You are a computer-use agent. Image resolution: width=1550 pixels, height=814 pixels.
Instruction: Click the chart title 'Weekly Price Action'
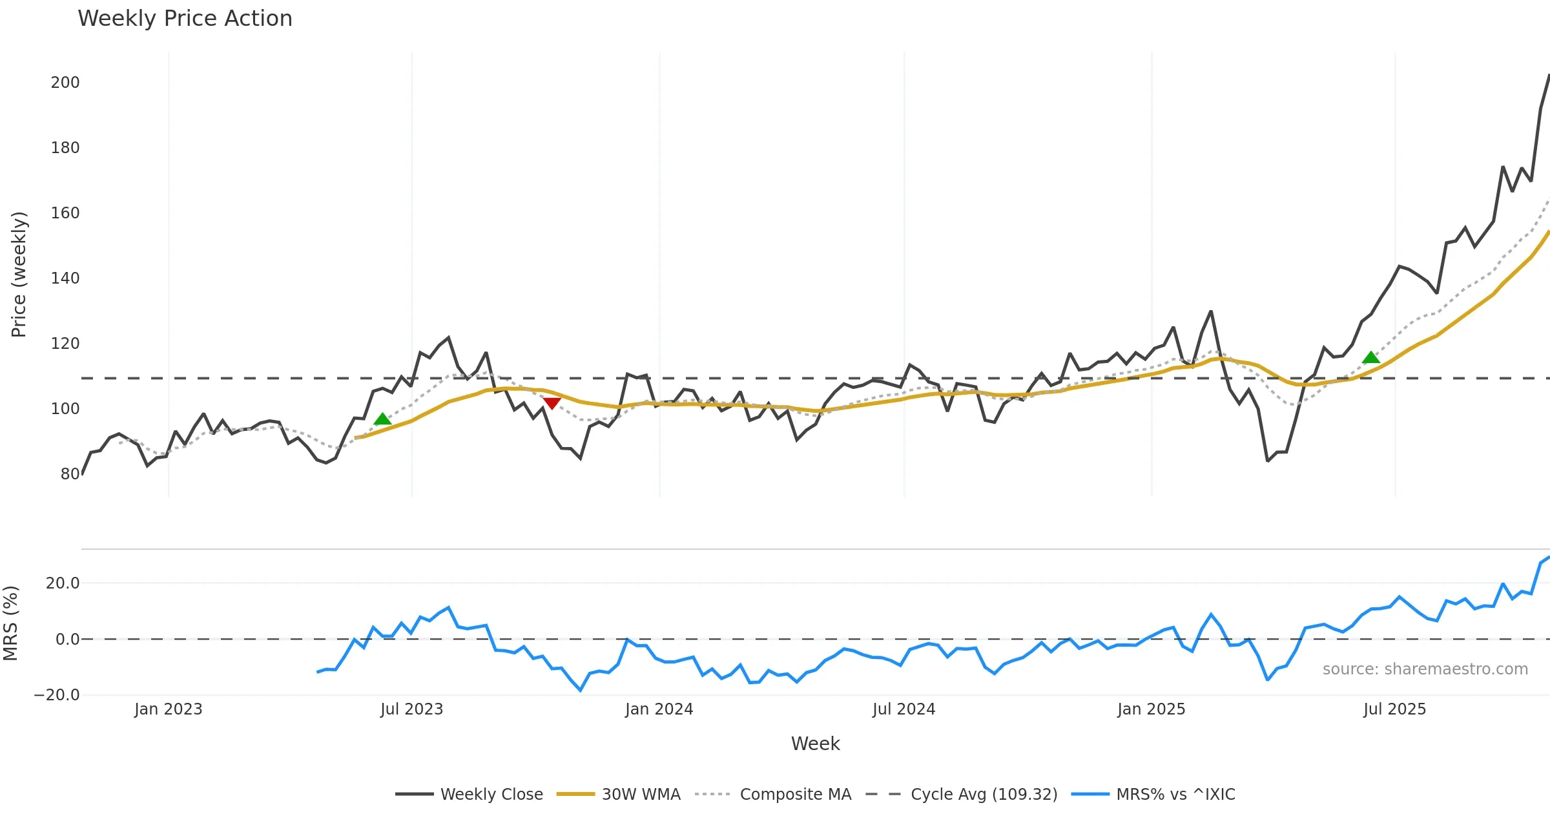[x=185, y=19]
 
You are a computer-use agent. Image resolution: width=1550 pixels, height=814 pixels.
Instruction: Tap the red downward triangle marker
[x=552, y=403]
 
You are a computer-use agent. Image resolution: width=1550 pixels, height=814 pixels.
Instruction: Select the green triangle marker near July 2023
[x=382, y=419]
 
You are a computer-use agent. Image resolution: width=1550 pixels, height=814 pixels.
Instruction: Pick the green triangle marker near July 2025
[x=1370, y=358]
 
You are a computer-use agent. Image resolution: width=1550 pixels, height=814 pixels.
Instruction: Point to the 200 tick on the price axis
[x=65, y=83]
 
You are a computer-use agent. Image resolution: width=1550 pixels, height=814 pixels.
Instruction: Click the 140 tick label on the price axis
[x=65, y=278]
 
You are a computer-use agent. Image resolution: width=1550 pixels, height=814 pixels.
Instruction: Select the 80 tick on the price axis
[x=70, y=474]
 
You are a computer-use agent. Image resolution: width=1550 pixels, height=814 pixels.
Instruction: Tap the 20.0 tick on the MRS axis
[x=63, y=583]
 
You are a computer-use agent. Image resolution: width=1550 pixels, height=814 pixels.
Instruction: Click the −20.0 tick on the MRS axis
[x=57, y=695]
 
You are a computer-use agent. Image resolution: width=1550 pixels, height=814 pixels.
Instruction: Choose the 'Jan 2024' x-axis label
[x=659, y=709]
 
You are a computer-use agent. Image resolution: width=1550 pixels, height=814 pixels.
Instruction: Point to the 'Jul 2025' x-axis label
[x=1394, y=709]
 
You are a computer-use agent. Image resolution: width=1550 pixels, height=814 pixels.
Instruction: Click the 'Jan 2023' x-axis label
[x=168, y=709]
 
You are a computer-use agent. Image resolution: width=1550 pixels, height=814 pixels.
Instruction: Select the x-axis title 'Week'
[x=815, y=744]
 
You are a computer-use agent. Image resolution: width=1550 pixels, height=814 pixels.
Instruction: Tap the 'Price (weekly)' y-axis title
[x=19, y=275]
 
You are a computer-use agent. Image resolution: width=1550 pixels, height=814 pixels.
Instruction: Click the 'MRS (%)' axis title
[x=11, y=623]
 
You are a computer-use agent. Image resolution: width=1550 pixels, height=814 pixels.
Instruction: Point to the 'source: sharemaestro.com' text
[x=1425, y=669]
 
